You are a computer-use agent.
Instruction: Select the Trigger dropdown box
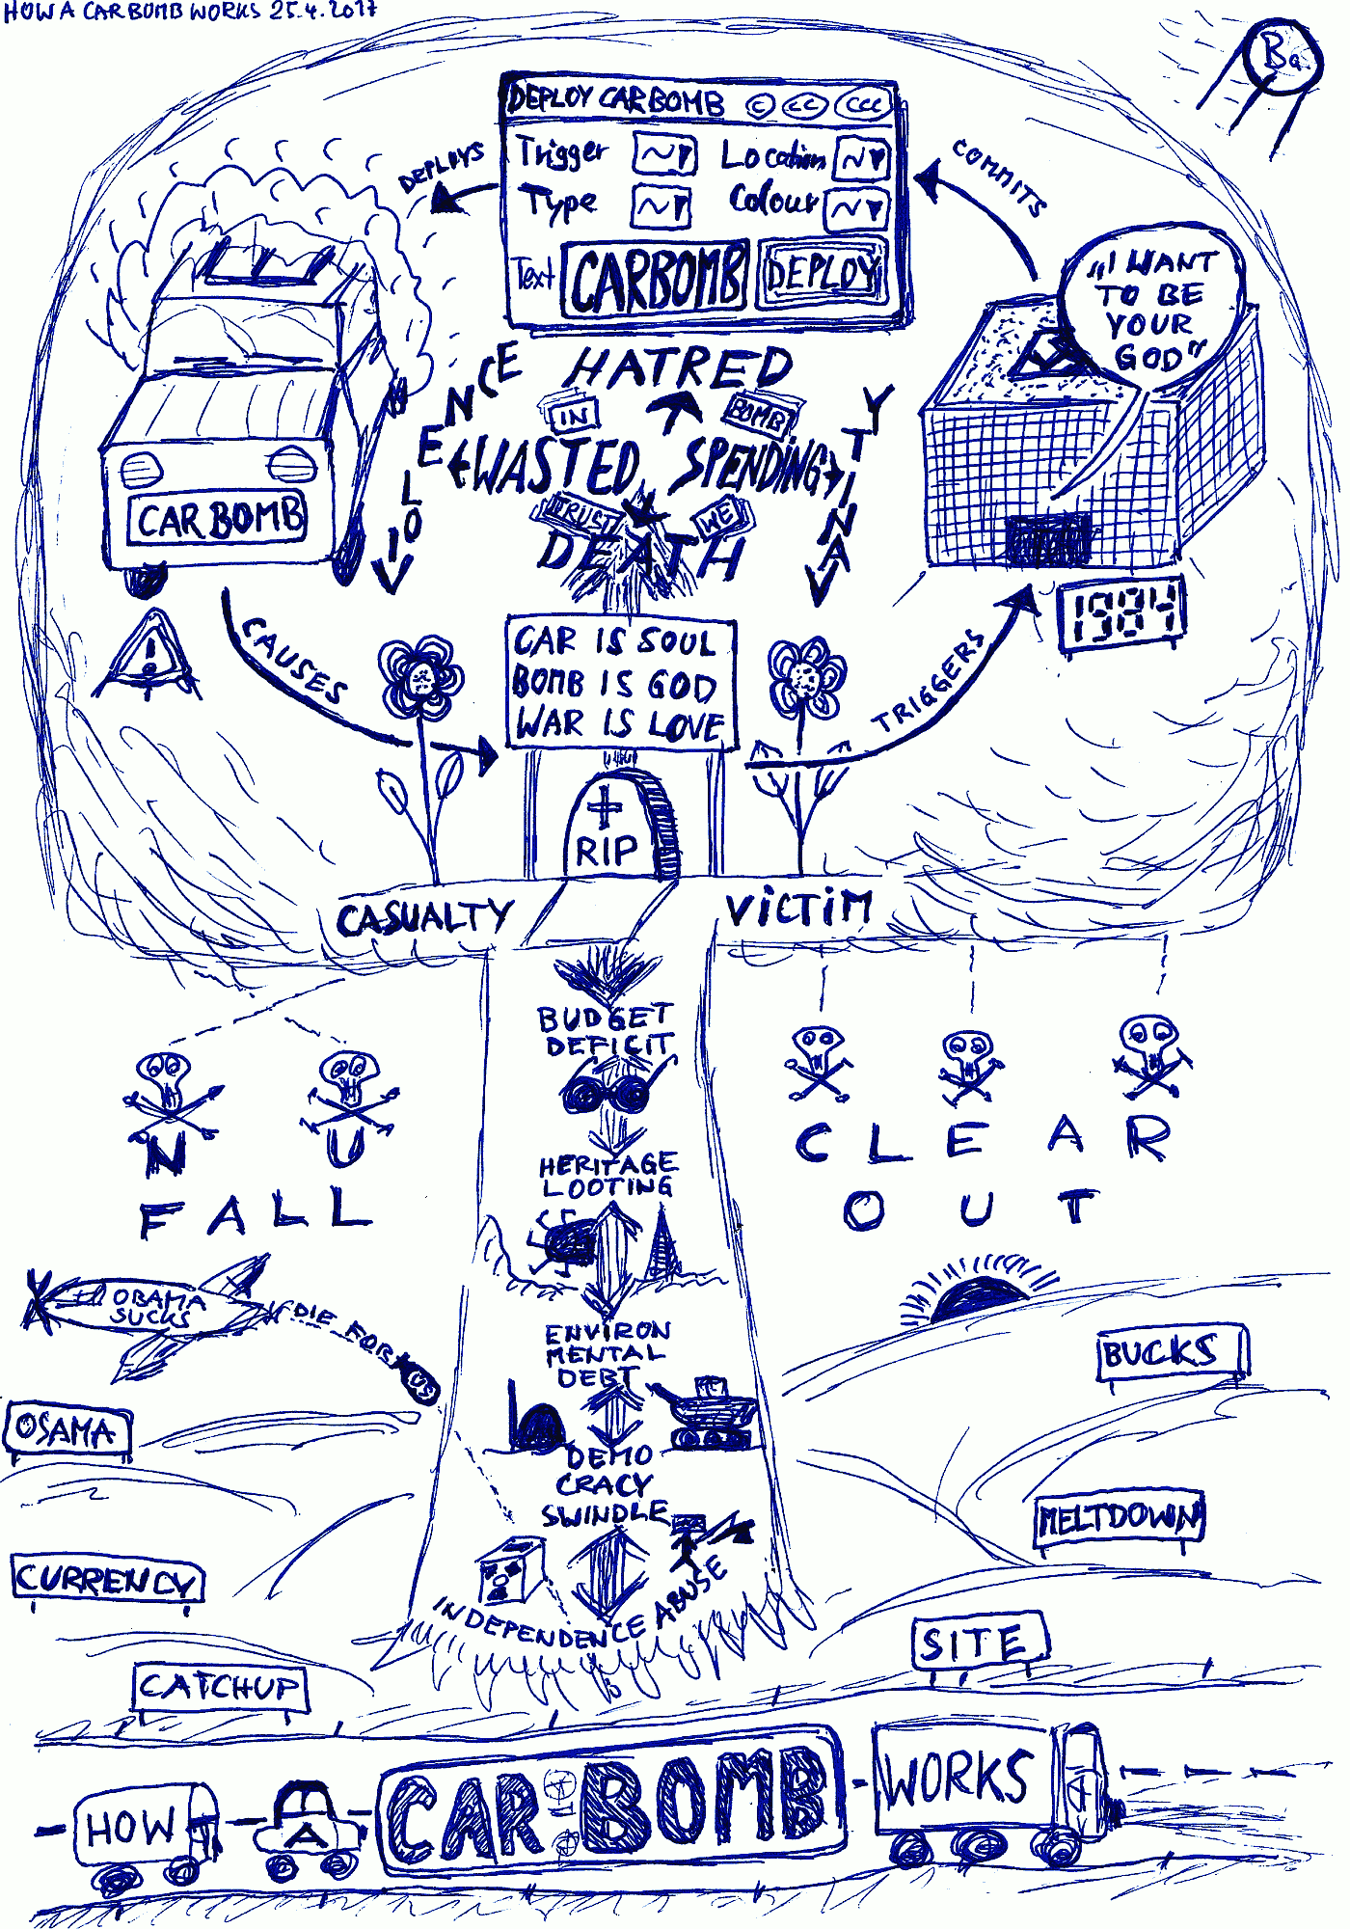pos(664,155)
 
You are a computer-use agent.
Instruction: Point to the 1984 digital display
pos(1122,613)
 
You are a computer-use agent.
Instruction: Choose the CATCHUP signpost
pos(219,1687)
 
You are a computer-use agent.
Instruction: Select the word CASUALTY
pos(423,917)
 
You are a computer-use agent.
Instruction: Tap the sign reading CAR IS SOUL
pos(620,683)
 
